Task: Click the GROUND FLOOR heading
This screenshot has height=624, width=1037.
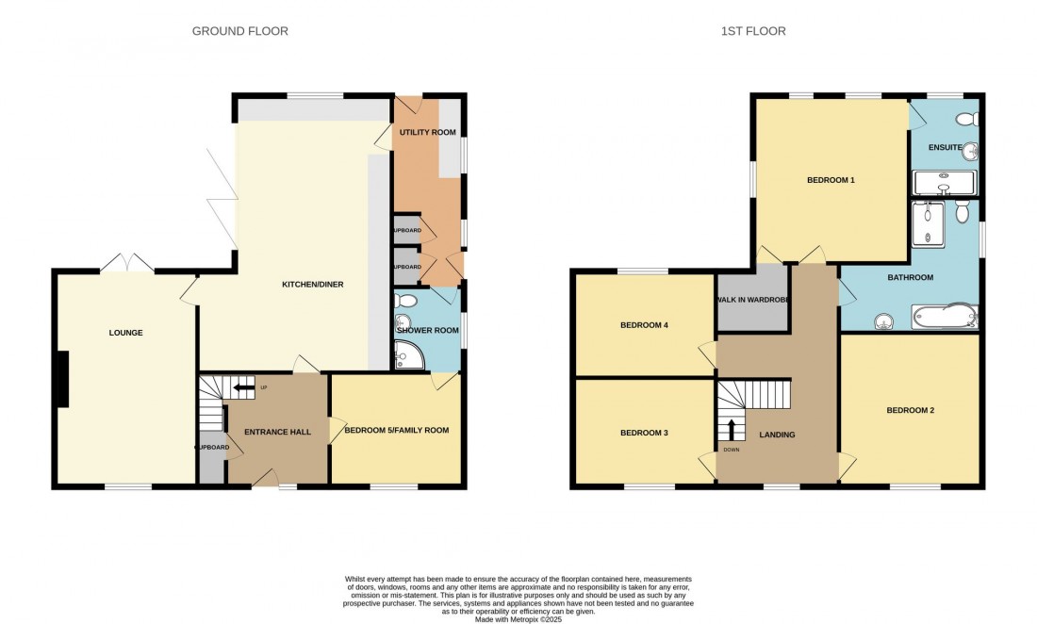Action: click(240, 31)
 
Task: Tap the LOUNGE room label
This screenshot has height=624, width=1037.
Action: click(125, 333)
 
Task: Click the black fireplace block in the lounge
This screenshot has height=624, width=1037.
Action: click(62, 379)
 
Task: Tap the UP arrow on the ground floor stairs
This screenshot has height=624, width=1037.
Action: click(244, 387)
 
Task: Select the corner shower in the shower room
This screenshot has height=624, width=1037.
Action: click(409, 355)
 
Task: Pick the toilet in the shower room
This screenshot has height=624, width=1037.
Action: click(407, 301)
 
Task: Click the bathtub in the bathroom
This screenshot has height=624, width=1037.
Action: click(943, 316)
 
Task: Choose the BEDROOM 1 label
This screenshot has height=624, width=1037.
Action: click(831, 179)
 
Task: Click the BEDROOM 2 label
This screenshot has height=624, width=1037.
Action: click(910, 410)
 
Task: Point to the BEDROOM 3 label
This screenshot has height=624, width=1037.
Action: click(644, 434)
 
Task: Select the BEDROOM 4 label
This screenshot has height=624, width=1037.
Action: click(644, 325)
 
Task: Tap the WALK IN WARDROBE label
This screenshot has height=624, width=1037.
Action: click(752, 300)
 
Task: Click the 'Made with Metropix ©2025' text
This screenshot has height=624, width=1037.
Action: click(518, 612)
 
